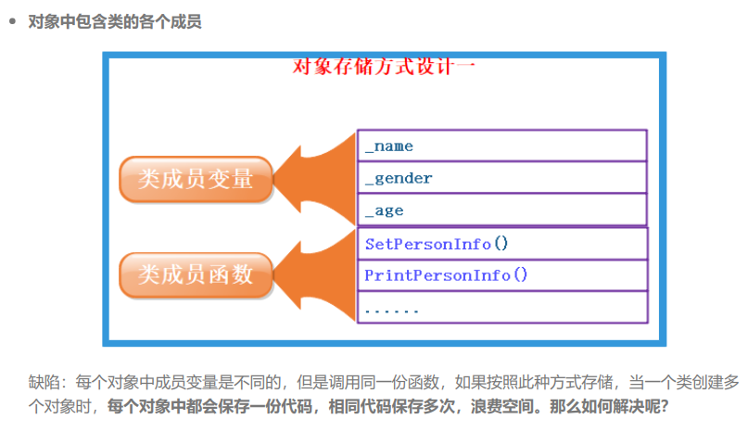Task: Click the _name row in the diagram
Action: [x=501, y=146]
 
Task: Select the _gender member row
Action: [x=501, y=178]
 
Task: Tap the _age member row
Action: [x=501, y=210]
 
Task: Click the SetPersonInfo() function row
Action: [x=501, y=244]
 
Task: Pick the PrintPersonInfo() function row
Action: [x=501, y=275]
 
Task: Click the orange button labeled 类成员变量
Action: [x=196, y=179]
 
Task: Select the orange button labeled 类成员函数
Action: [x=196, y=275]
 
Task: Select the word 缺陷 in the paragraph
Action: [x=42, y=382]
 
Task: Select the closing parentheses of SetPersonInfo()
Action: [x=501, y=244]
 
